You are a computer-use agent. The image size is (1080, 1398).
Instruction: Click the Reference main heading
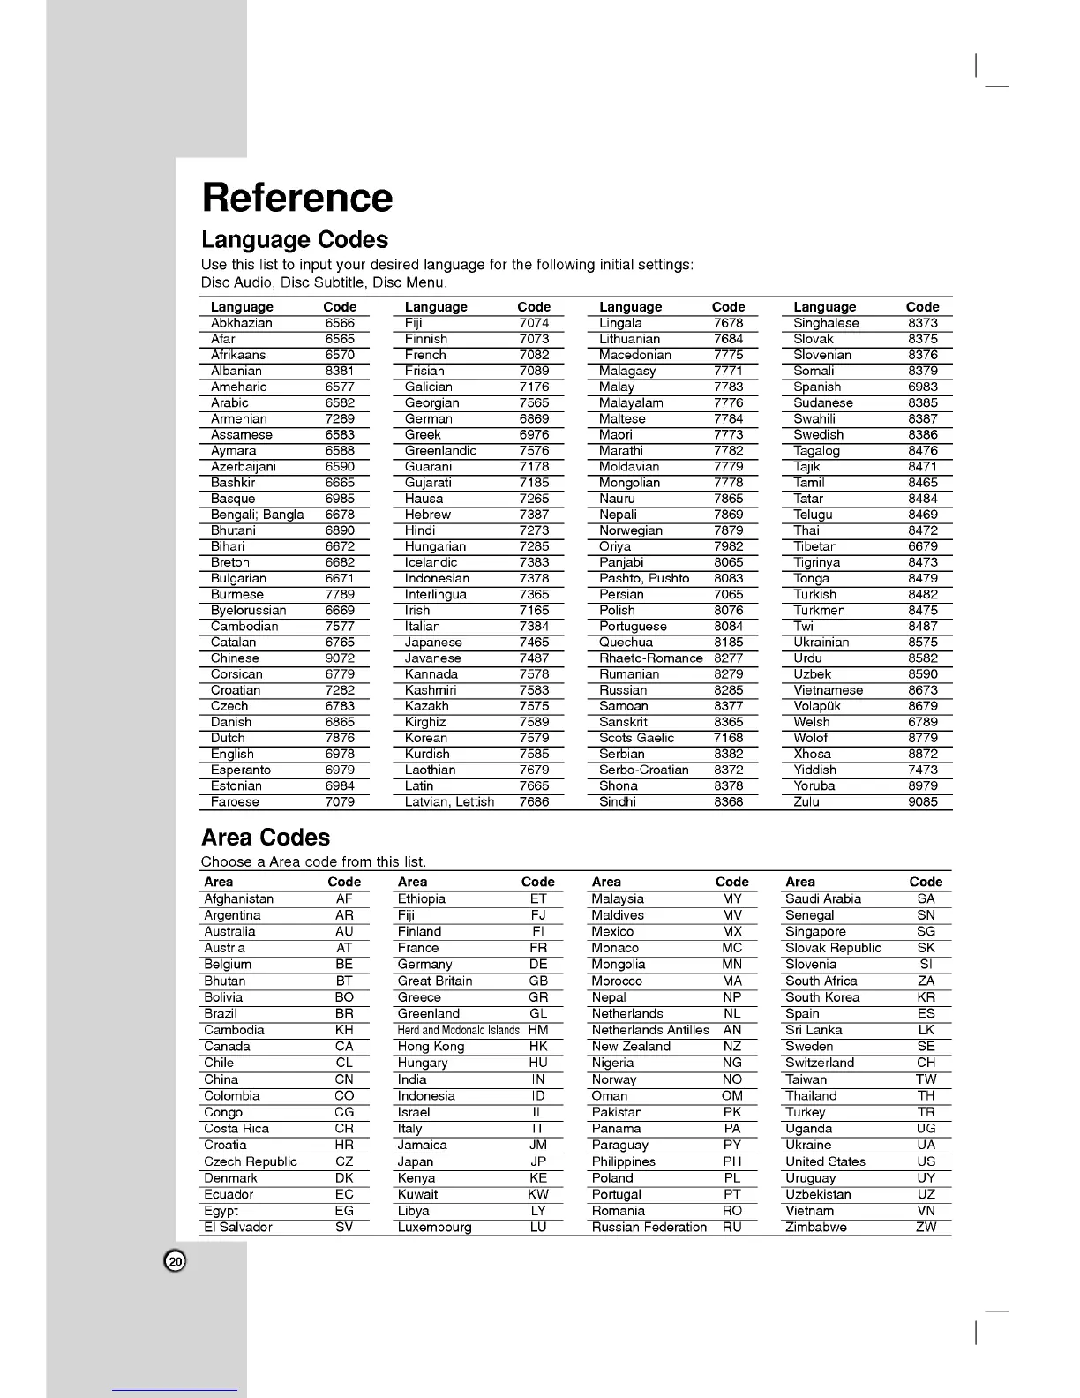(x=297, y=198)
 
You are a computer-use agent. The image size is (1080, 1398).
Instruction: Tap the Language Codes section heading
(x=295, y=240)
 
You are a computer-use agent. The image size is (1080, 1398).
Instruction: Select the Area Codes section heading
(x=266, y=838)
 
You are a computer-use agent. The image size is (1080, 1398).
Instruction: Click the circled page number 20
(x=176, y=1261)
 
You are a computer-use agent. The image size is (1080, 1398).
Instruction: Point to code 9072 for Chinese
(x=340, y=658)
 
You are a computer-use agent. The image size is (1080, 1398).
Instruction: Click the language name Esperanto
(x=241, y=770)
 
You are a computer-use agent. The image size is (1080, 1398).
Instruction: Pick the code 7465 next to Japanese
(x=534, y=643)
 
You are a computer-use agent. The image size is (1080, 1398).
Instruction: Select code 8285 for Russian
(x=728, y=690)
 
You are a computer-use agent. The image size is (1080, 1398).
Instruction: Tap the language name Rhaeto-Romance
(x=650, y=658)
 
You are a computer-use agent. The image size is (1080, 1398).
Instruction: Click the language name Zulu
(x=806, y=802)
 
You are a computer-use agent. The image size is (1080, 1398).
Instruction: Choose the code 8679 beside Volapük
(x=922, y=706)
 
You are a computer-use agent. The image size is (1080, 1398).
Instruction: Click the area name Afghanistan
(x=239, y=898)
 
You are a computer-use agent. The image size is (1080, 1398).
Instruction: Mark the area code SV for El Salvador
(x=344, y=1228)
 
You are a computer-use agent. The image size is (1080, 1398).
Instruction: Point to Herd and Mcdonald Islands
(x=458, y=1030)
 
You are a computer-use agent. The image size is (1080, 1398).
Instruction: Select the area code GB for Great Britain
(x=538, y=981)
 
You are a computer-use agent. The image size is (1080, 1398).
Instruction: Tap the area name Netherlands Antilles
(x=650, y=1030)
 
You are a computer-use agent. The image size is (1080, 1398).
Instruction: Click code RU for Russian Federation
(x=731, y=1228)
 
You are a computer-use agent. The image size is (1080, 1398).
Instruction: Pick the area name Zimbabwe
(x=815, y=1228)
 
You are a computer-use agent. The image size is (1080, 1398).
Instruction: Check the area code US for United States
(x=926, y=1161)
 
